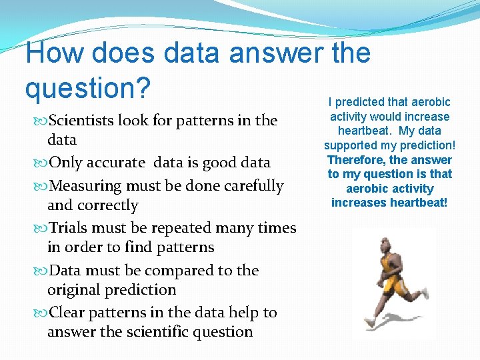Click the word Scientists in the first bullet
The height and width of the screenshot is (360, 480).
pyautogui.click(x=82, y=121)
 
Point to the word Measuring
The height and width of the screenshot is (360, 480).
pyautogui.click(x=86, y=186)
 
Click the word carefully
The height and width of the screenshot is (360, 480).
pyautogui.click(x=251, y=186)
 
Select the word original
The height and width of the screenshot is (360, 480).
pyautogui.click(x=75, y=290)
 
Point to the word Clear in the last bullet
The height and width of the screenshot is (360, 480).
pyautogui.click(x=68, y=313)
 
